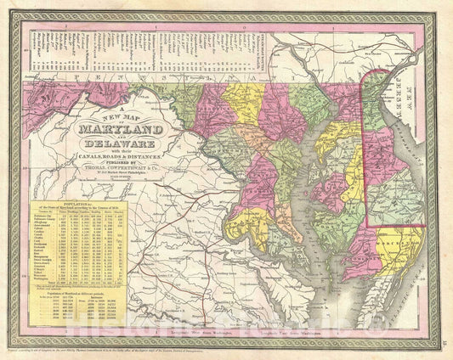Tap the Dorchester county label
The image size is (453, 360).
(340, 239)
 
